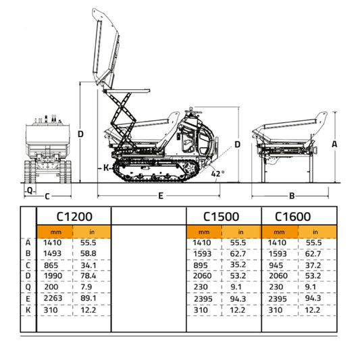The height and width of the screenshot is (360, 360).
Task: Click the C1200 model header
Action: click(74, 217)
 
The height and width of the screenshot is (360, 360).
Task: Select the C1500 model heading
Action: click(222, 217)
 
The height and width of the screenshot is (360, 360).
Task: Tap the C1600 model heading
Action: click(292, 217)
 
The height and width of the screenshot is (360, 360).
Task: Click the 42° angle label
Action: click(217, 173)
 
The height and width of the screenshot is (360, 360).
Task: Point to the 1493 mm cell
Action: click(52, 254)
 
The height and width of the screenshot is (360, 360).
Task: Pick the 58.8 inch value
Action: click(88, 254)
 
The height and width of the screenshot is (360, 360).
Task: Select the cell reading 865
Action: click(52, 265)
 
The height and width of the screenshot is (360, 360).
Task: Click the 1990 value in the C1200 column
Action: click(52, 276)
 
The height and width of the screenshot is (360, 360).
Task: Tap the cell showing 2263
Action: click(52, 299)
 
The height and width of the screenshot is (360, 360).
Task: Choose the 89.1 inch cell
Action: click(88, 299)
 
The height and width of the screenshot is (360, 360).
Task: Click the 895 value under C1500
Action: click(201, 265)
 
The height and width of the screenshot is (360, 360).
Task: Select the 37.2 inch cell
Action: click(313, 265)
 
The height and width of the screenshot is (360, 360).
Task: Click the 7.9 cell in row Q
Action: click(88, 288)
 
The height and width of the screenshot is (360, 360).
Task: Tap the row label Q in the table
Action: click(28, 288)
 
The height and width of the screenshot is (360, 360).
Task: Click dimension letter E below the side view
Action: click(161, 196)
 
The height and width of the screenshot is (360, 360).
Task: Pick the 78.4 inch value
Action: click(88, 276)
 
